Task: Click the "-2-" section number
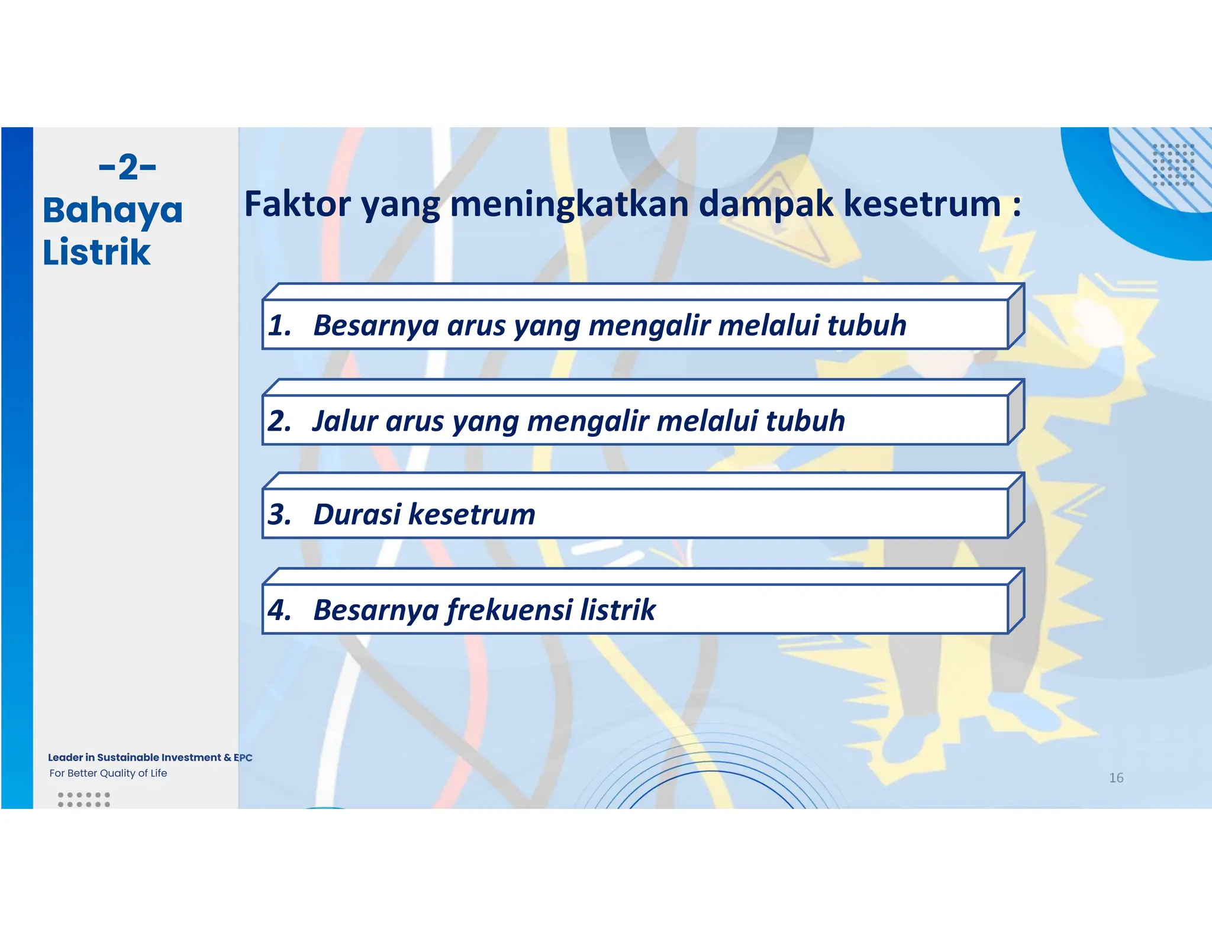pos(127,167)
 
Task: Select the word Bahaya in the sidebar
pos(112,211)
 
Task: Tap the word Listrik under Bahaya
pos(96,252)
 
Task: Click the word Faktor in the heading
pos(297,204)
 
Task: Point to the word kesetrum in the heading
pos(921,204)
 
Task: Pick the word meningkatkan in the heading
pos(569,205)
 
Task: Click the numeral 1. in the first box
pos(279,325)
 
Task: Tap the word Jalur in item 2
pos(345,421)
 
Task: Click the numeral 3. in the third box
pos(279,514)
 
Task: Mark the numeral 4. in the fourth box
pos(279,610)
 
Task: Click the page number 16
pos(1116,777)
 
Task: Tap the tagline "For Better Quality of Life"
pos(108,773)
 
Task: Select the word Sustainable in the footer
pos(128,757)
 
